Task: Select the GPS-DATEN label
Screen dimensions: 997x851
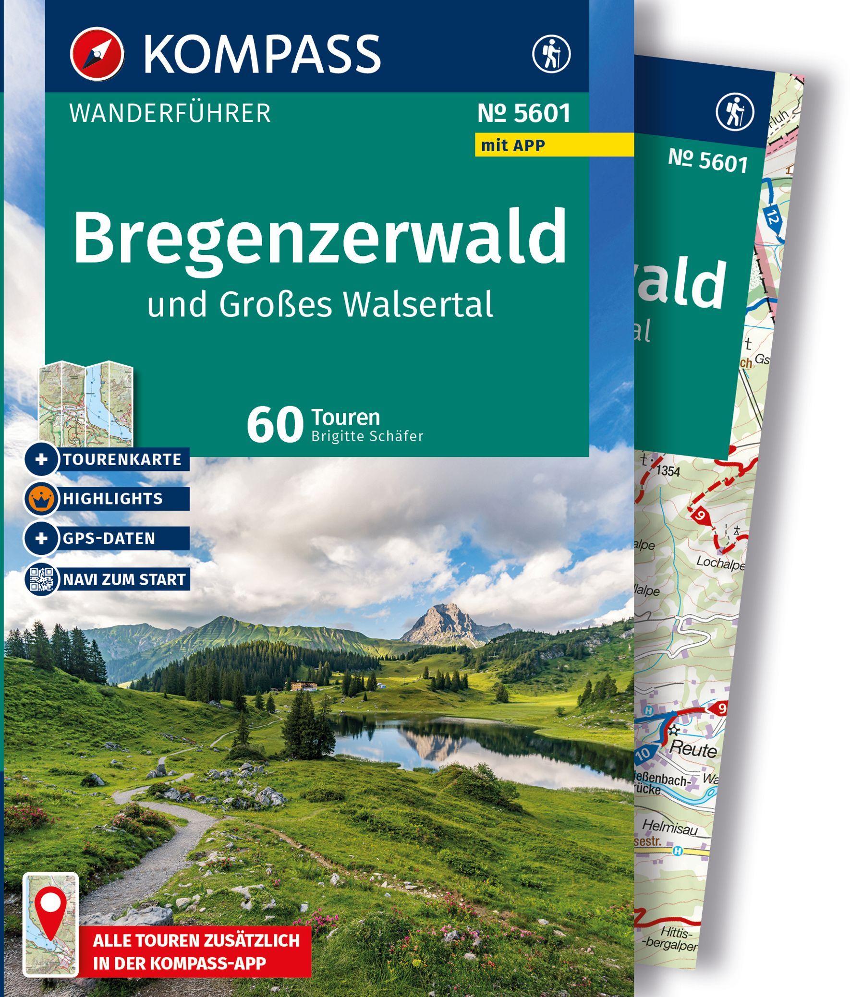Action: [108, 538]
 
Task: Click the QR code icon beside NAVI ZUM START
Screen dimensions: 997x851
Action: [42, 578]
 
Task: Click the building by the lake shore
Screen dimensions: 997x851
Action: [303, 685]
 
